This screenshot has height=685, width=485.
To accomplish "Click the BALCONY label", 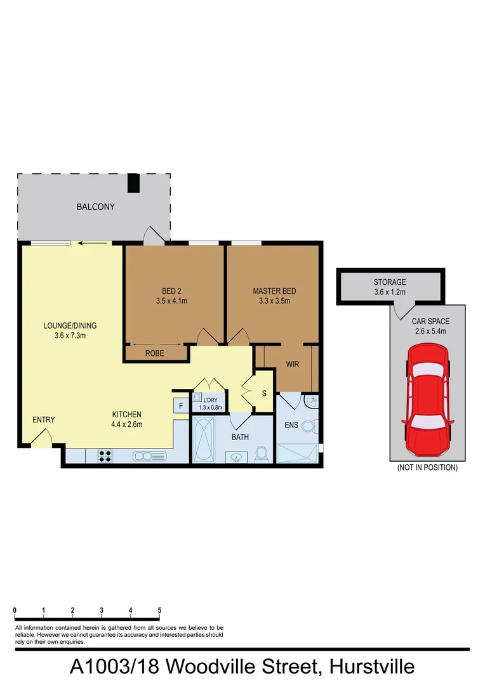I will (x=95, y=207).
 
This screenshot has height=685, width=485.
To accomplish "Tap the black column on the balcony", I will (x=133, y=183).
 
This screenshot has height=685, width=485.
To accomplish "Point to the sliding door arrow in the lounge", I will (x=93, y=242).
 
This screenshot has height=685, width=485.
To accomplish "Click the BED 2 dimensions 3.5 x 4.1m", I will (x=171, y=301).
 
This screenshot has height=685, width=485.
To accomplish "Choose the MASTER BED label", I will (x=274, y=291).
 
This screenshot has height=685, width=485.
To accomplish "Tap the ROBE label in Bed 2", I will (x=155, y=353).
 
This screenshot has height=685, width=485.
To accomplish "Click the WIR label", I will (x=293, y=365).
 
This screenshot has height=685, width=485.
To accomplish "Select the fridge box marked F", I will (x=180, y=406).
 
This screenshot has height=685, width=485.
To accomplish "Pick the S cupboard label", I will (x=264, y=393).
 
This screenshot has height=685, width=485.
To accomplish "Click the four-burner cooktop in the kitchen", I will (x=105, y=455).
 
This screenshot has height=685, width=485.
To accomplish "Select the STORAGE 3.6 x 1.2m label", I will (x=389, y=287).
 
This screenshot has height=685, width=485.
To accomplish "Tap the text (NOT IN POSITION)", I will (x=427, y=467).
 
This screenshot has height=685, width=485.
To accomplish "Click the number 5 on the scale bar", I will (x=159, y=610).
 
